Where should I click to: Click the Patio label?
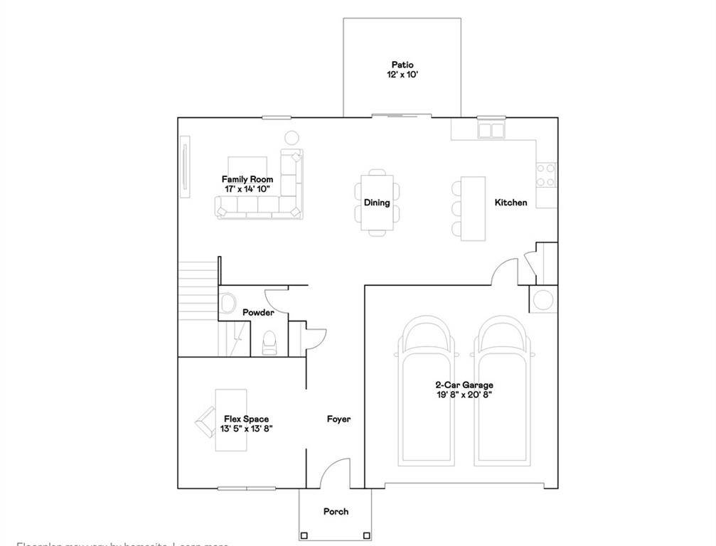402,65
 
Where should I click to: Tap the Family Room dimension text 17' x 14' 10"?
247,189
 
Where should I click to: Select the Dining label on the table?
377,203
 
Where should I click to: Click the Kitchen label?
511,203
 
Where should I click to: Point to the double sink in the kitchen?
490,130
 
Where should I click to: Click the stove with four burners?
546,175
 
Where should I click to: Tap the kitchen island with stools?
473,208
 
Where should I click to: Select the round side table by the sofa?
292,138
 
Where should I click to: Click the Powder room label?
258,313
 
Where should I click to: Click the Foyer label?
338,419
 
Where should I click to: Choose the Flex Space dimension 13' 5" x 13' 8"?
247,429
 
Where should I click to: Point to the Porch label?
336,512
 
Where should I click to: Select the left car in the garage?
426,391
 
